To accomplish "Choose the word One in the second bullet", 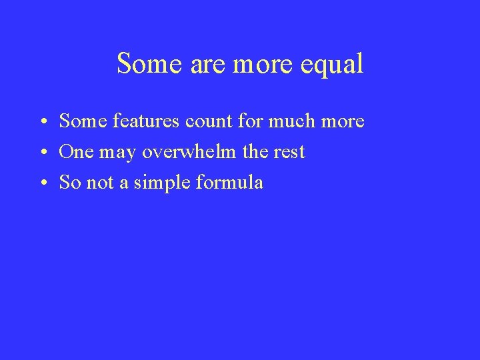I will [x=77, y=152].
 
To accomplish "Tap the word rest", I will [x=290, y=152].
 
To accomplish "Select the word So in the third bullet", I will [x=69, y=182].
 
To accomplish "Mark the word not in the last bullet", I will [x=101, y=182].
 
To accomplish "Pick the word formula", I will [x=229, y=182].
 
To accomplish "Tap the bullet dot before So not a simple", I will [x=41, y=183].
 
